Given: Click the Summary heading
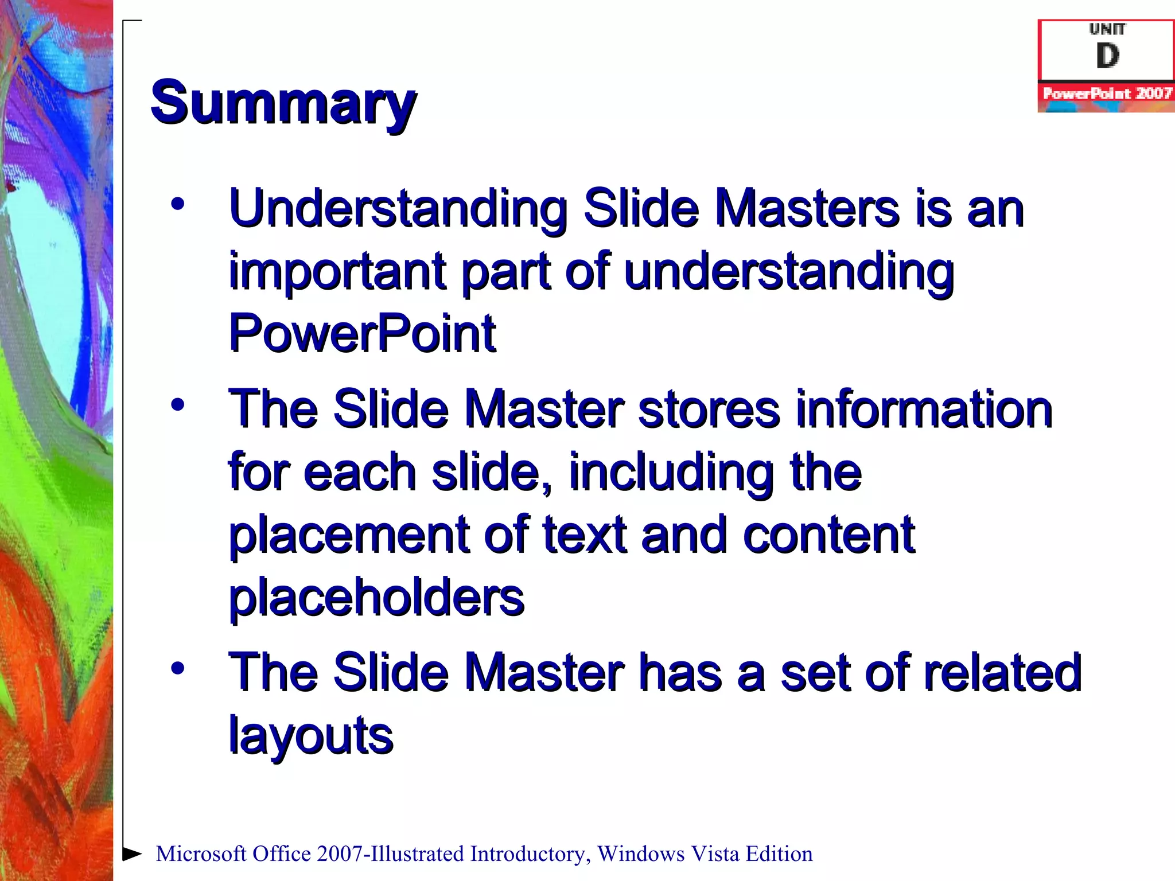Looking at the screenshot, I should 283,103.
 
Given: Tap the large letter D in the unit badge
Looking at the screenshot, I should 1107,56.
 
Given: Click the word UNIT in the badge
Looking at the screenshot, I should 1107,29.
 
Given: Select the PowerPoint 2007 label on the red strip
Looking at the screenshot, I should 1107,93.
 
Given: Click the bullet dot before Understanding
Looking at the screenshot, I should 178,205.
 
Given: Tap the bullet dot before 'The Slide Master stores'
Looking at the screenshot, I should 178,405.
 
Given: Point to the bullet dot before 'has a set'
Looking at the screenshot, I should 178,668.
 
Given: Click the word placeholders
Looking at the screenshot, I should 376,597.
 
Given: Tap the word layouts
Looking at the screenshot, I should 311,736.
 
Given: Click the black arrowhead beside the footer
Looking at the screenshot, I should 133,853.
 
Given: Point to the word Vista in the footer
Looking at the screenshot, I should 715,854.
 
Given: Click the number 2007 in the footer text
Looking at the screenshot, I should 340,854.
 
